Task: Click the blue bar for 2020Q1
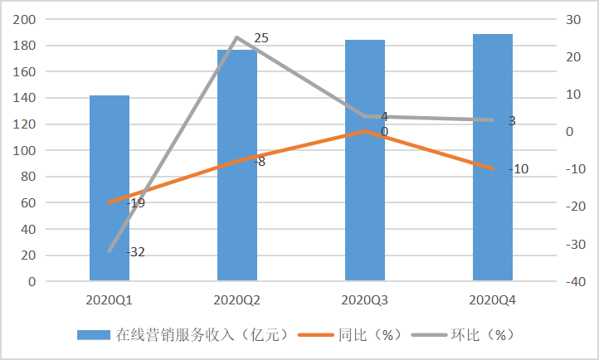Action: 110,188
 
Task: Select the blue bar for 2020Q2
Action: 237,165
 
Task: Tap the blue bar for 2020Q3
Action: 365,160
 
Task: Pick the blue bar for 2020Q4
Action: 493,158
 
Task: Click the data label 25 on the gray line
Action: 261,38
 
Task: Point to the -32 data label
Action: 135,252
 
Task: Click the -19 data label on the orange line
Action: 135,203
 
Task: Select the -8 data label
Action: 260,162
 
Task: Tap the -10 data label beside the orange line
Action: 519,168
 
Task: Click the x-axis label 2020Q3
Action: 364,300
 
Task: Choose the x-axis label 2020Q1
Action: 110,300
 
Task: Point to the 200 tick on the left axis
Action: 24,19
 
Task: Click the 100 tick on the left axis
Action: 24,150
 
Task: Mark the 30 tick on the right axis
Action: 573,19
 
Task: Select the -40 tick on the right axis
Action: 575,282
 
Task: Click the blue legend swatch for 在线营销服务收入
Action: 94,335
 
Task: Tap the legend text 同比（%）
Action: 370,335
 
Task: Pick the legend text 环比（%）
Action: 483,335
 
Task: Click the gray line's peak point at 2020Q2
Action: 237,37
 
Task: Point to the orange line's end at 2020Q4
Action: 493,168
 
